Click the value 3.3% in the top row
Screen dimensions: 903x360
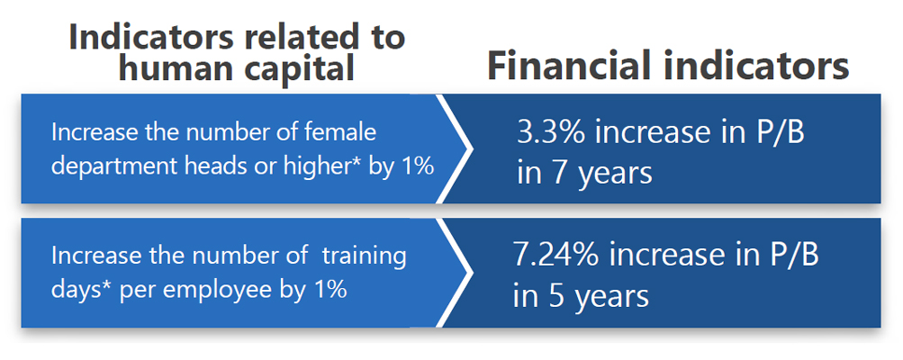tap(552, 134)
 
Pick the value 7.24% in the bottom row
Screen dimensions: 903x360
tap(555, 256)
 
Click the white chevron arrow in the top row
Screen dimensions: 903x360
tap(455, 148)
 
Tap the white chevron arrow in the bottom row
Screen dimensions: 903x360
tap(455, 273)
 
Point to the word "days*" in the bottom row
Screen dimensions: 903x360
tap(83, 290)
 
